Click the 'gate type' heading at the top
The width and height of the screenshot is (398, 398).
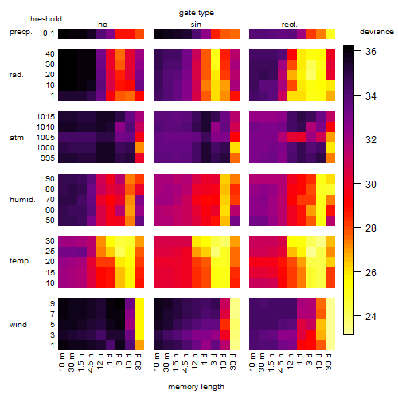click(197, 13)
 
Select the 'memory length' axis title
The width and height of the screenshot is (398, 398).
click(196, 387)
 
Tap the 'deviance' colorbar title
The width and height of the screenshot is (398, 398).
click(377, 32)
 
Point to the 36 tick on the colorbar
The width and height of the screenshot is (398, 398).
click(370, 51)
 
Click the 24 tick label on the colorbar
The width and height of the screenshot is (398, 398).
click(370, 316)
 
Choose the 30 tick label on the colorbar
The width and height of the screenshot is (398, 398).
click(370, 184)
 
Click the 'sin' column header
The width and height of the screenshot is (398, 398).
click(196, 25)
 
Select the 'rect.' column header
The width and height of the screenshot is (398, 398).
click(289, 25)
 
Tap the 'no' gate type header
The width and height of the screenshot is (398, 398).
click(103, 25)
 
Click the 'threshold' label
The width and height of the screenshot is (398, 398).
click(45, 19)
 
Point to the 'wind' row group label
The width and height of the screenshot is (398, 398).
click(18, 325)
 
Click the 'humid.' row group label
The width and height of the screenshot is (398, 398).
click(22, 200)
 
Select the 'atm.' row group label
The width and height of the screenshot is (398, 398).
click(18, 138)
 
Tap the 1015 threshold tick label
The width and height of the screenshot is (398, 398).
click(45, 117)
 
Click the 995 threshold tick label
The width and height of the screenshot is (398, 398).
click(48, 158)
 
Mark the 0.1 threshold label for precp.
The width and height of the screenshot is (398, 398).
click(49, 33)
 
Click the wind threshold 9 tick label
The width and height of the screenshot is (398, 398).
click(53, 304)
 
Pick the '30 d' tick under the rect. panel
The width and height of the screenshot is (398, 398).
click(329, 362)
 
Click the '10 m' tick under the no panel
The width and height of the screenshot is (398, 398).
click(61, 362)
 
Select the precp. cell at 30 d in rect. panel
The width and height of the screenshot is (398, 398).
click(330, 33)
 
